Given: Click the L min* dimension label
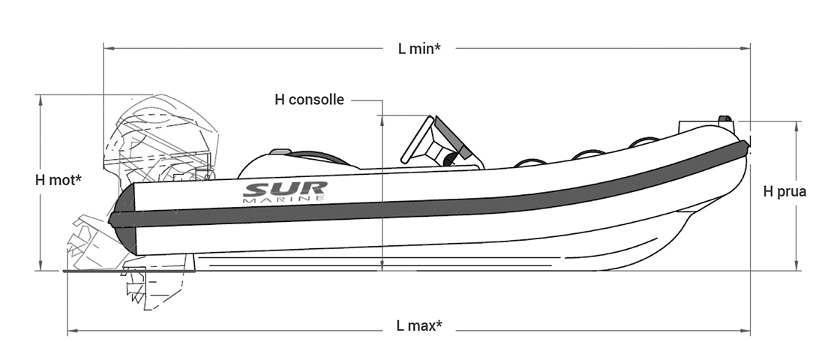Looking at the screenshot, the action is [419, 49].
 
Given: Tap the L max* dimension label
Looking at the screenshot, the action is [419, 325].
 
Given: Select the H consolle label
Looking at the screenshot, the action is [309, 100].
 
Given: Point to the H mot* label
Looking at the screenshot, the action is [58, 180].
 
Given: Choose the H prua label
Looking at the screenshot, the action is [784, 191].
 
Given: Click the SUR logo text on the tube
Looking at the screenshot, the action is [285, 189].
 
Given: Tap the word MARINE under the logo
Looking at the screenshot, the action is [284, 199].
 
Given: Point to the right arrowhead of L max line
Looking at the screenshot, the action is [745, 331].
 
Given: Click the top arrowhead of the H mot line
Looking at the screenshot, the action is [40, 100].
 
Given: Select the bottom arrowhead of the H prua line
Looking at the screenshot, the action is [797, 265].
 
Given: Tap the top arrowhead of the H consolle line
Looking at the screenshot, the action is [382, 121].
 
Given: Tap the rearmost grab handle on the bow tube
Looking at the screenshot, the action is [529, 162].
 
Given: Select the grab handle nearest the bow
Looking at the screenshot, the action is [644, 142].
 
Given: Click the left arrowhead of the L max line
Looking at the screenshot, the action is [73, 331].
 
